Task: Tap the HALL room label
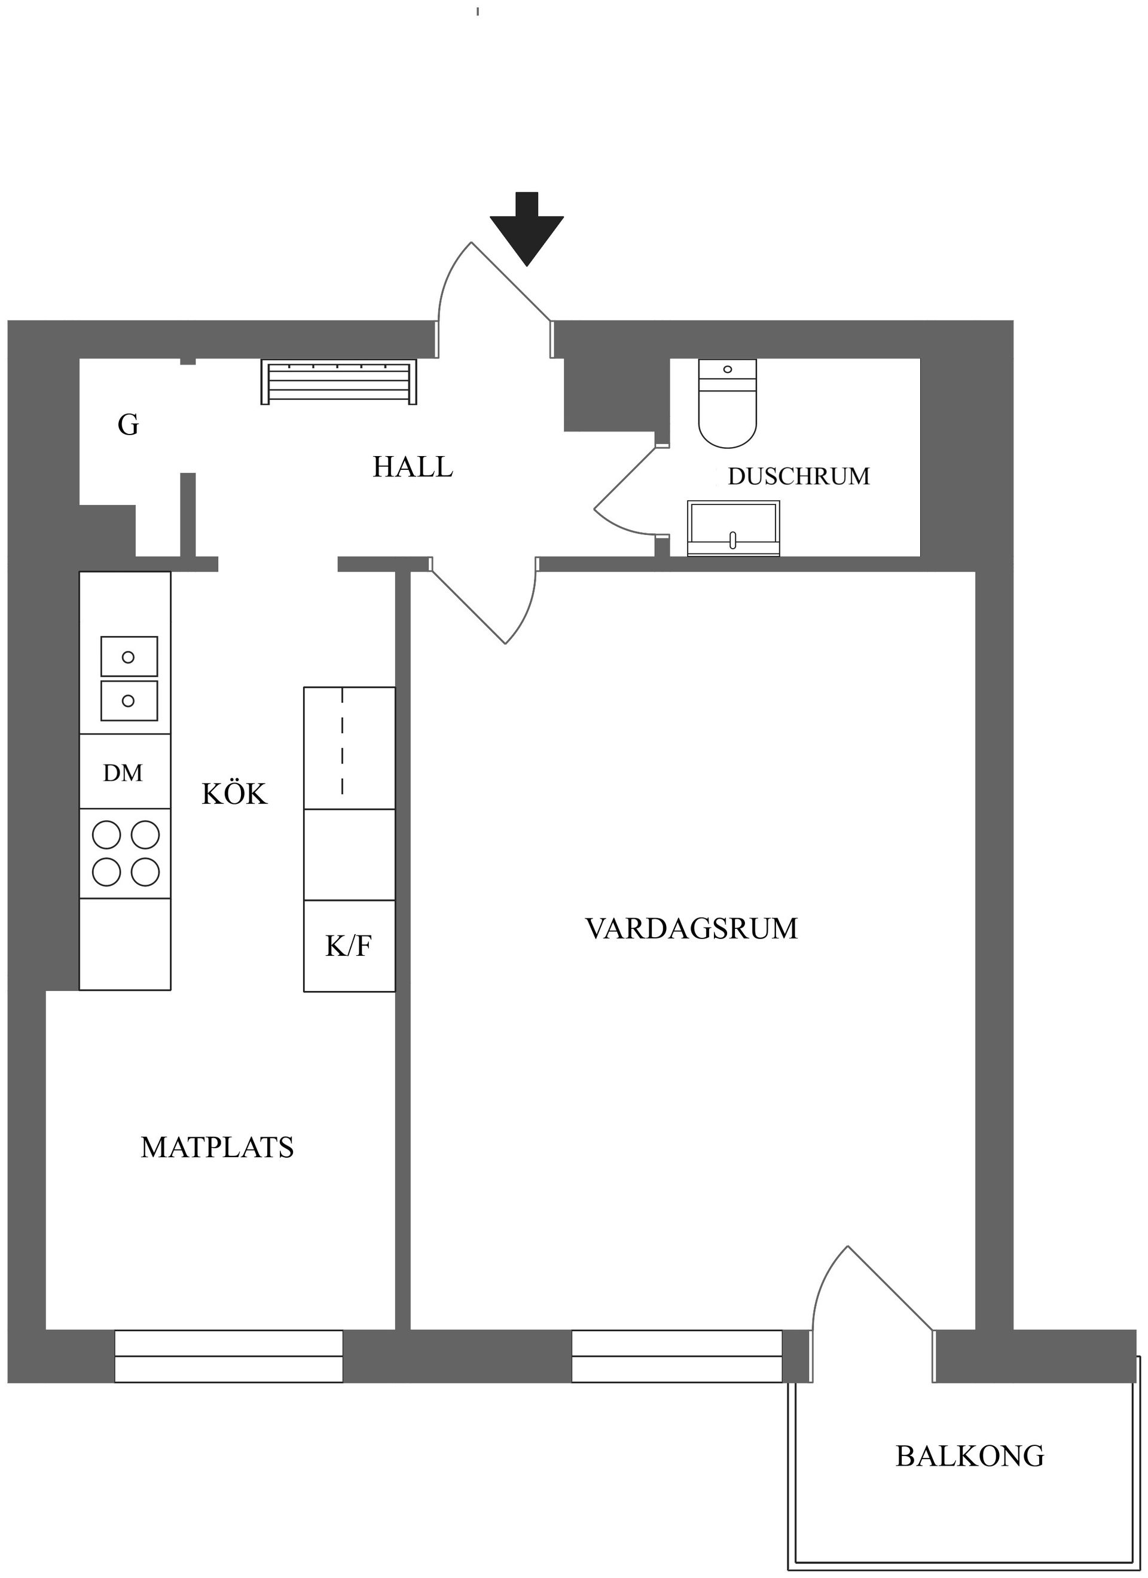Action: coord(413,467)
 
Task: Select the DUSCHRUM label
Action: coord(799,476)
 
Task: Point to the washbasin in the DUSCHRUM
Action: coord(733,529)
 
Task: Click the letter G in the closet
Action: coord(128,425)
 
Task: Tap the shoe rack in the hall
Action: coord(338,381)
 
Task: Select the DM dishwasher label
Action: coord(123,773)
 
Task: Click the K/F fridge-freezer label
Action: coord(349,946)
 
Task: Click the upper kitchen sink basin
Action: coord(129,656)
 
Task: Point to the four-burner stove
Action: coord(126,853)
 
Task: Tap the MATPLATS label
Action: coord(217,1147)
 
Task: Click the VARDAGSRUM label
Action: coord(691,929)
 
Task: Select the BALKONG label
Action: coord(969,1456)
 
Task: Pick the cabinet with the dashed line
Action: coord(349,747)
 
